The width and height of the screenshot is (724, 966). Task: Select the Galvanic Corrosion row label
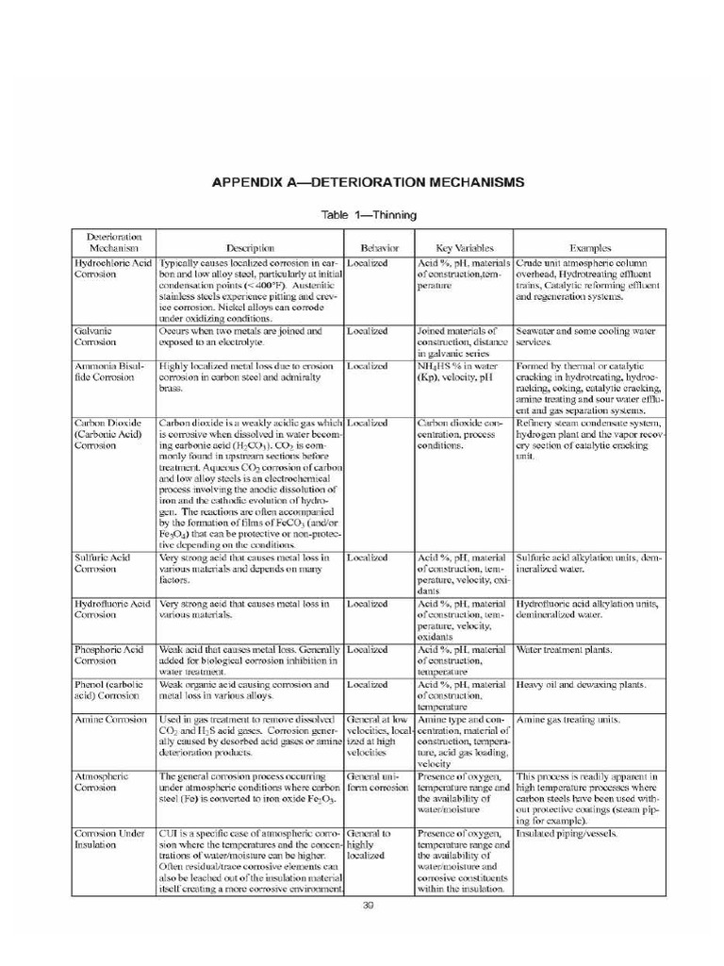tap(94, 338)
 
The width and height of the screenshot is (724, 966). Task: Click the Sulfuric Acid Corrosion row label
tap(103, 563)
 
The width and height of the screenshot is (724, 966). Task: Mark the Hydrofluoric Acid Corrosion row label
tap(112, 608)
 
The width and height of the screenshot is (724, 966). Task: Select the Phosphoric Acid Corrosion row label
tap(108, 656)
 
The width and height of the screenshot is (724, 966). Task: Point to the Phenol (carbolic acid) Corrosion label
tap(107, 691)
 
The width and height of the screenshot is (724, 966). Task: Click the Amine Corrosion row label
tap(110, 720)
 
